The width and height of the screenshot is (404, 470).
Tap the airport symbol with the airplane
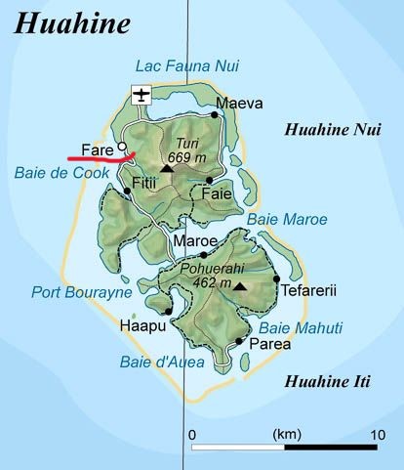click(x=141, y=95)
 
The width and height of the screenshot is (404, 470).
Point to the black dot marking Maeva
click(x=215, y=114)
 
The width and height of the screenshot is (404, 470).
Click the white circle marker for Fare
click(x=122, y=148)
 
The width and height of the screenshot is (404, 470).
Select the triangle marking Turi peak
click(x=167, y=168)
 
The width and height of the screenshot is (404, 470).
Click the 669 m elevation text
click(x=186, y=157)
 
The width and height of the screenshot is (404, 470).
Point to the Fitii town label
click(x=143, y=183)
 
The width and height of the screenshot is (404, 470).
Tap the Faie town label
click(x=216, y=194)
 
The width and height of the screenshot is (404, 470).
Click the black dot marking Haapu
click(x=169, y=312)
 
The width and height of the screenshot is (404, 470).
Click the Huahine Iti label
click(x=324, y=381)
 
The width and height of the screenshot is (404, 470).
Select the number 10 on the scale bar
click(x=376, y=433)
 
